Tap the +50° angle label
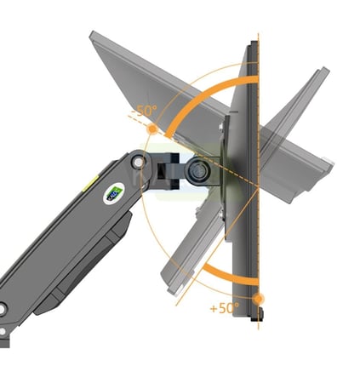pos(225,308)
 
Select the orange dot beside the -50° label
pos(152,129)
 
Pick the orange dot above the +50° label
pos(258,299)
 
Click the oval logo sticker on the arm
pos(114,194)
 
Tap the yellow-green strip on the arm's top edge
pos(90,183)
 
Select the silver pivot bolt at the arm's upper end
pos(139,163)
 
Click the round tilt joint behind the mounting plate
pos(197,171)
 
